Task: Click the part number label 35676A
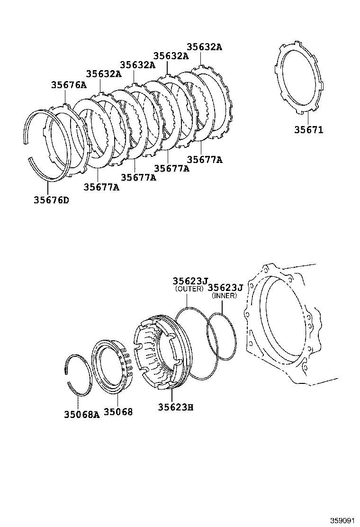click(69, 85)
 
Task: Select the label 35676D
click(51, 200)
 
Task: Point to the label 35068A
click(82, 414)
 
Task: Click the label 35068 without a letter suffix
click(118, 412)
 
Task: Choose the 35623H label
click(176, 407)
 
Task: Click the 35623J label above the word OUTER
click(190, 281)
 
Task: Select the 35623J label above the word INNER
click(225, 287)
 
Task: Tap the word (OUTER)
click(189, 289)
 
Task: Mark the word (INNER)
click(225, 296)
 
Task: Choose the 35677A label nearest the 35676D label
click(101, 187)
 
